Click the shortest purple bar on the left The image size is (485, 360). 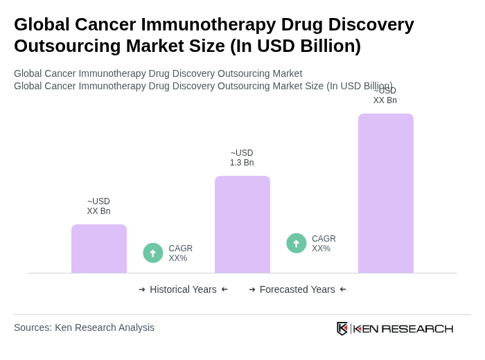coord(99,249)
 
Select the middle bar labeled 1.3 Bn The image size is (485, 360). coord(242,224)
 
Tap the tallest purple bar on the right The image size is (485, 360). coord(386,193)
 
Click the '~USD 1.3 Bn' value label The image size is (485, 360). coord(242,158)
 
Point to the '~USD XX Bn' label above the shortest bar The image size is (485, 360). coord(98,206)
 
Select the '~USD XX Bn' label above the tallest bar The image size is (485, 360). coord(385,96)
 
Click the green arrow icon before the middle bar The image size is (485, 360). coord(153,253)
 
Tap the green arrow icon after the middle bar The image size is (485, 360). coord(297,244)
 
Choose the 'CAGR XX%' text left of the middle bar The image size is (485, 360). coord(181,253)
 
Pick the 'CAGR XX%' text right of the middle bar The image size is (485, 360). coord(324,244)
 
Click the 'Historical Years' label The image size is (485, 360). coord(183,289)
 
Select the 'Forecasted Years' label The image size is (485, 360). coord(297,289)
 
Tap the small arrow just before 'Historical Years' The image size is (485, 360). coord(142,289)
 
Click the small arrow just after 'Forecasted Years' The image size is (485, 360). coord(343,289)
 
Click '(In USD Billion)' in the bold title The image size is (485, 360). coord(295,46)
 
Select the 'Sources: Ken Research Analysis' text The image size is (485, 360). coord(84,327)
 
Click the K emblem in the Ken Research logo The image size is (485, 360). coord(342,328)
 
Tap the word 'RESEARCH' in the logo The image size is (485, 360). coord(417,328)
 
